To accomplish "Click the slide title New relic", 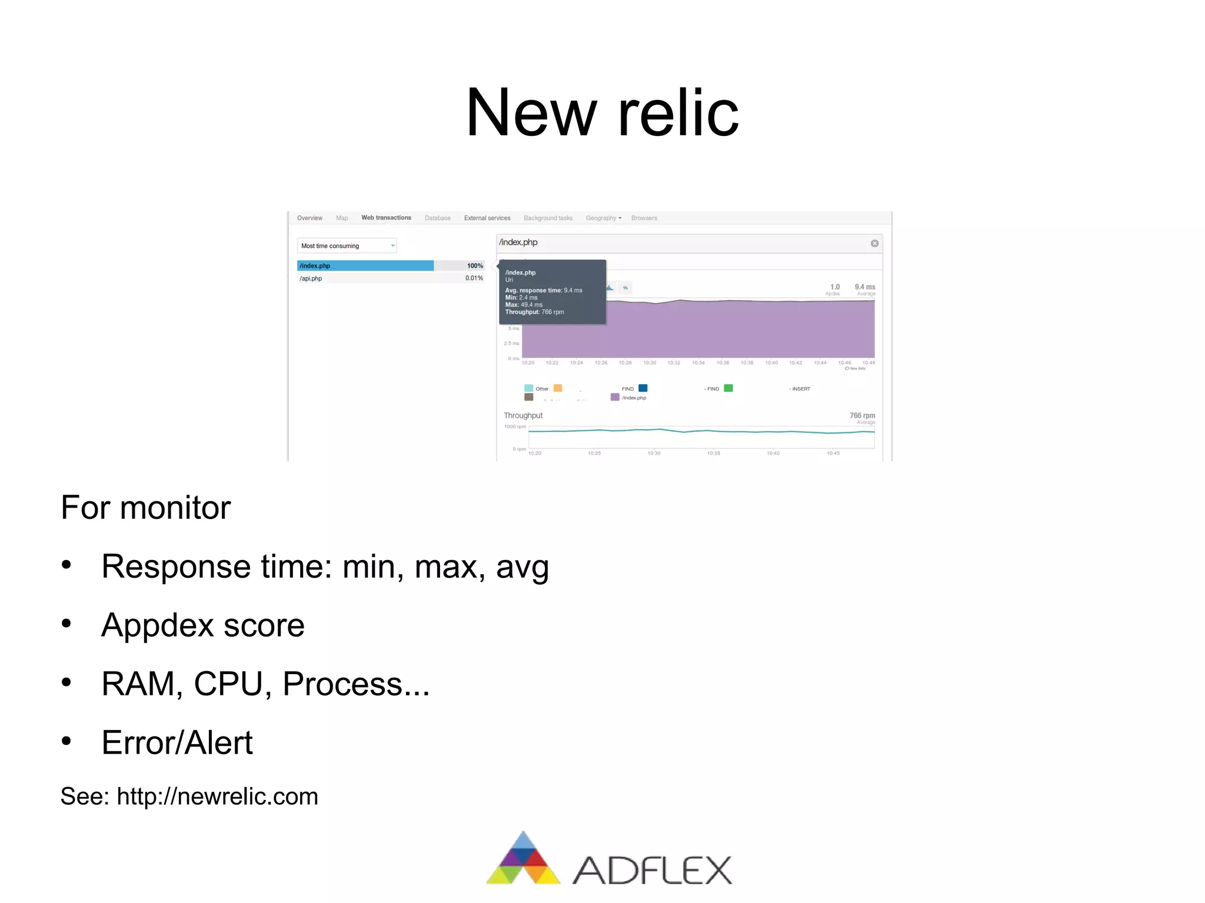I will [602, 112].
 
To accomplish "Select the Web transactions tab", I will [386, 218].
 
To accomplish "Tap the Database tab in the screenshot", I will [437, 218].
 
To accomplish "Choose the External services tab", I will [487, 218].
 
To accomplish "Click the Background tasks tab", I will [548, 218].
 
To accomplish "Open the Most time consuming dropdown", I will [347, 246].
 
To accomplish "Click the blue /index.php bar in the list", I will [365, 266].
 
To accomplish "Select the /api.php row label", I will [311, 279].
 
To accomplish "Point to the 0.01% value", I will [474, 278].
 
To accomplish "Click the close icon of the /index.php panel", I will [874, 244].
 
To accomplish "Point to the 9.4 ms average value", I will [864, 287].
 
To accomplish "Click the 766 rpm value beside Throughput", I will [862, 415].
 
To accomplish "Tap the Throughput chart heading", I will [523, 415].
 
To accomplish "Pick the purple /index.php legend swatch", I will [615, 397].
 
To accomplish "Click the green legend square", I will [728, 388].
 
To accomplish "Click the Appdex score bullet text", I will [203, 625].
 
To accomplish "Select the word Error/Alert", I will [177, 742].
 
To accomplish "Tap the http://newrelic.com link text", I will [217, 797].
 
